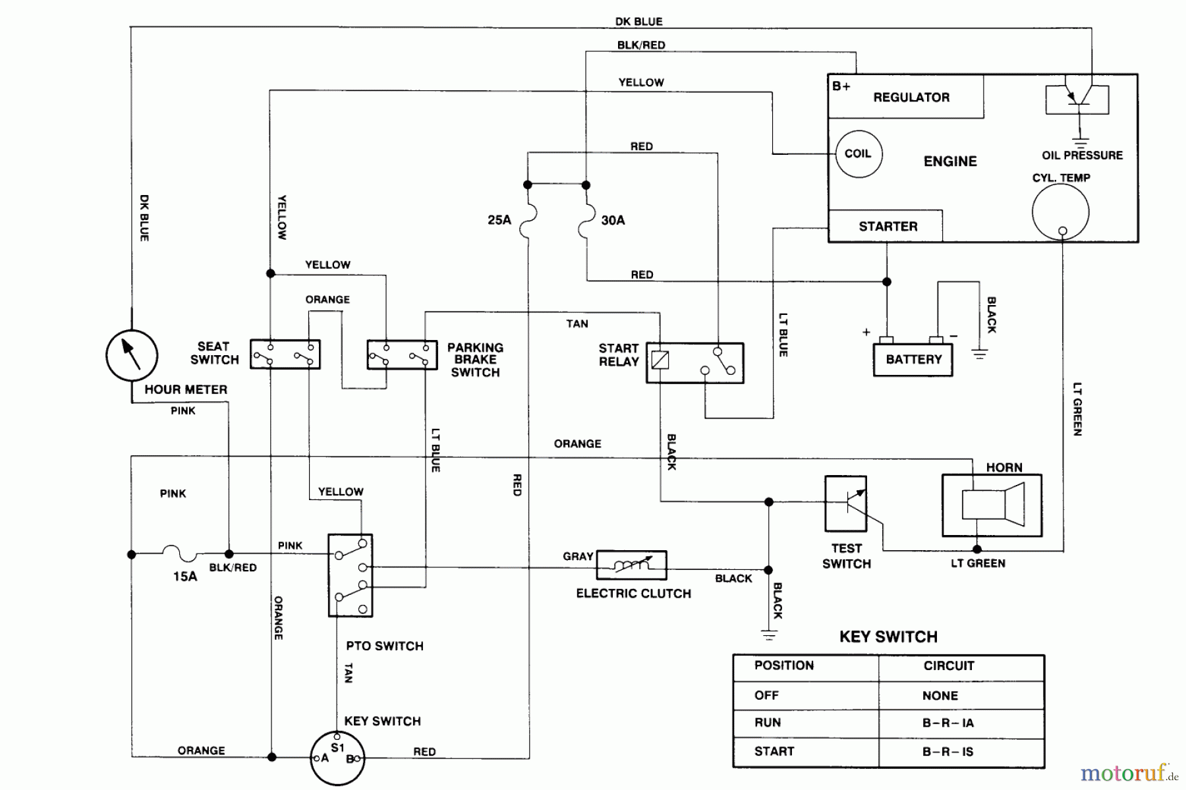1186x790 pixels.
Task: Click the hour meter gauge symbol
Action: (x=132, y=355)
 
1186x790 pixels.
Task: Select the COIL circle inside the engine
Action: (x=859, y=154)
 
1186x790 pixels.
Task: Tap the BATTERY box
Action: (x=913, y=360)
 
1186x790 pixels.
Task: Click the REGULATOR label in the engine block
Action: (x=911, y=98)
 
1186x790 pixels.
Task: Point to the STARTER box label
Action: (x=888, y=227)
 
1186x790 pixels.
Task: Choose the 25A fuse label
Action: (x=499, y=220)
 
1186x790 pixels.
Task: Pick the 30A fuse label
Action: (x=613, y=220)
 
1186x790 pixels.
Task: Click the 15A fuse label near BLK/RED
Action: (x=185, y=577)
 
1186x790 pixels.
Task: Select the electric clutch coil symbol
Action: (x=631, y=565)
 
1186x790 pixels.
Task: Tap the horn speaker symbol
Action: (x=992, y=505)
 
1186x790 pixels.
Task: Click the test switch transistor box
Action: (x=845, y=504)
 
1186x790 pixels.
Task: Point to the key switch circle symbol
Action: (x=337, y=758)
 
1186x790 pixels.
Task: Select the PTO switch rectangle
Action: (x=351, y=575)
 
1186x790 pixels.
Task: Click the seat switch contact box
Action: (x=285, y=354)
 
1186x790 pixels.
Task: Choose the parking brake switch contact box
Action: (x=402, y=355)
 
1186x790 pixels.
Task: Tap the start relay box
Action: (x=694, y=363)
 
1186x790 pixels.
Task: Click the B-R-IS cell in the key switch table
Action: (x=947, y=752)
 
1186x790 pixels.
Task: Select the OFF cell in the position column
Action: (x=766, y=695)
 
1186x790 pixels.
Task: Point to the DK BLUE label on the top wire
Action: (x=638, y=22)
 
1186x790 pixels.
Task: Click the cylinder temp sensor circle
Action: (x=1060, y=212)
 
